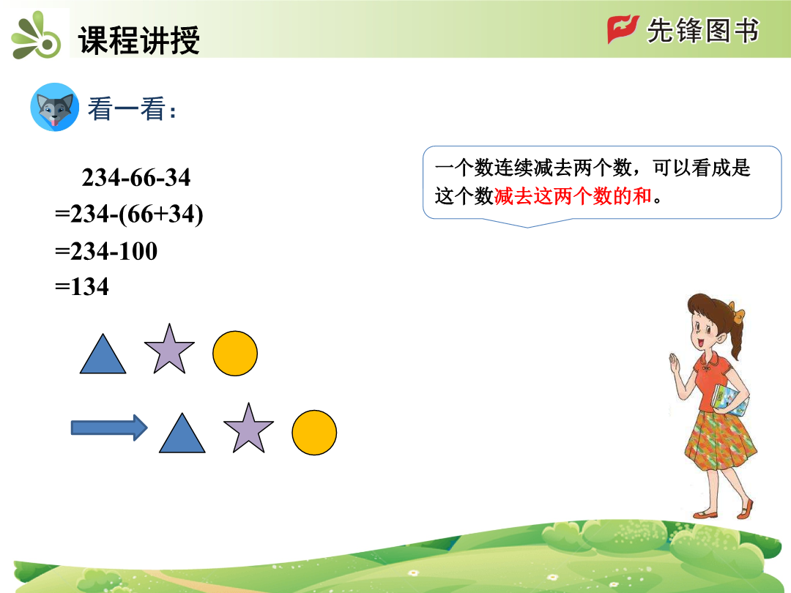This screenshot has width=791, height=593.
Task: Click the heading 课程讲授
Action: [138, 40]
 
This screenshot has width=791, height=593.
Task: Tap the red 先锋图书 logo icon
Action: [623, 29]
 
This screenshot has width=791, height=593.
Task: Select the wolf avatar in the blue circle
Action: [54, 108]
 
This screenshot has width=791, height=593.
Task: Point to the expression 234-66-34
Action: [136, 177]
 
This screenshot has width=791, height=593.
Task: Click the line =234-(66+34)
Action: [129, 214]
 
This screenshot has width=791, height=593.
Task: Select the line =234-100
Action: [106, 250]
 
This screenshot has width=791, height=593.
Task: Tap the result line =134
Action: [82, 286]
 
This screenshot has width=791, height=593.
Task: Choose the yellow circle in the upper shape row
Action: [235, 354]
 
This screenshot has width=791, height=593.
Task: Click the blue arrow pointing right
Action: [109, 428]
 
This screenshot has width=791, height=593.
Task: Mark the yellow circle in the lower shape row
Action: [314, 433]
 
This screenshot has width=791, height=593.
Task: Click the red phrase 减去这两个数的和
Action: [573, 195]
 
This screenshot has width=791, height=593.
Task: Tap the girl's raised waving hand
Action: [675, 364]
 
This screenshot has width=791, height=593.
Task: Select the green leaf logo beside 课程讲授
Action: [37, 37]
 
